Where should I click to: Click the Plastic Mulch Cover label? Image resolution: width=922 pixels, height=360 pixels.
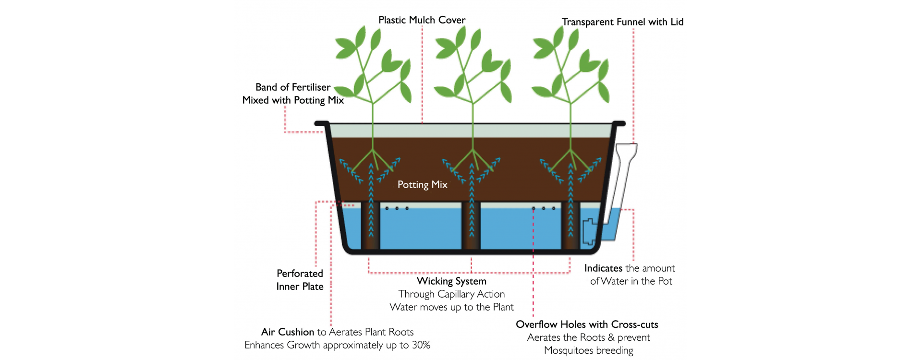coord(422,20)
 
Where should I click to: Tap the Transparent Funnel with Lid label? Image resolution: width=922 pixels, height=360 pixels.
coord(622,22)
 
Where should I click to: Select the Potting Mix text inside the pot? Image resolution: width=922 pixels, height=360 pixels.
coord(422,185)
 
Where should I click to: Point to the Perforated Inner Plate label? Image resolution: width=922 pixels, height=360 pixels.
coord(300,280)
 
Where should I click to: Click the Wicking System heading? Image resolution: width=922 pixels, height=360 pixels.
coord(451,281)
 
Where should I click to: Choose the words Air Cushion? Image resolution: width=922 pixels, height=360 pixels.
coord(287,332)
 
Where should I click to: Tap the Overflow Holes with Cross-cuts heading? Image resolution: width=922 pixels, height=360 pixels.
coord(587,324)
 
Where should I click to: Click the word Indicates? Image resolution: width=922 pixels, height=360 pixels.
coord(603,268)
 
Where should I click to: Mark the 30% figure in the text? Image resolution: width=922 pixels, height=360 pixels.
coord(421,345)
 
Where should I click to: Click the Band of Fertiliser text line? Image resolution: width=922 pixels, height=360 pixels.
coord(293,87)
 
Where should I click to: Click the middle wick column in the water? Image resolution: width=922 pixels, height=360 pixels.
coord(471,226)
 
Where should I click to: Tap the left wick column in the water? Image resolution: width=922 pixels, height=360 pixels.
coord(370,226)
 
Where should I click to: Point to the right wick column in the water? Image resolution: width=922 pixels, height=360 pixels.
coord(570,226)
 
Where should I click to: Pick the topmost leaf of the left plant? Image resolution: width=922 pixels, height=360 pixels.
coord(360,36)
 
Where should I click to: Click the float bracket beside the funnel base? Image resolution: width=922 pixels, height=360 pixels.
coord(588,231)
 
